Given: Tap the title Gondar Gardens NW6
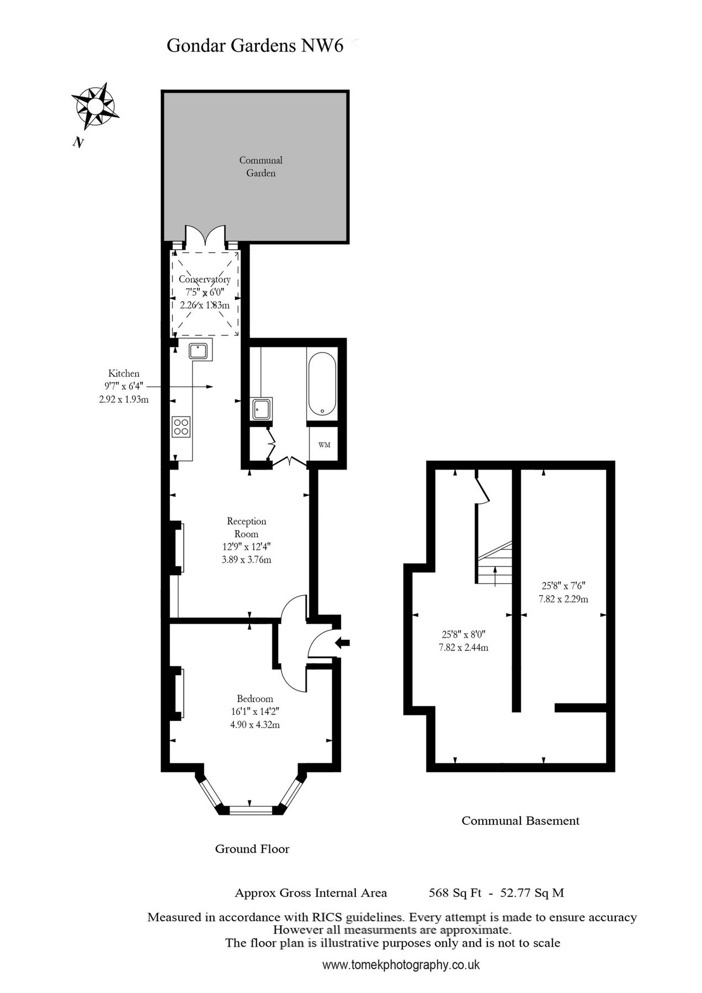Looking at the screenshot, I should coord(255,46).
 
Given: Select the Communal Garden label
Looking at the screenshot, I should coord(260,166).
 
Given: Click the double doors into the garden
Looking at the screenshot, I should coord(205,236).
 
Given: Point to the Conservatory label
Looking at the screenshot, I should coord(205,279).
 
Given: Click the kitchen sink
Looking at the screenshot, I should coord(199,350).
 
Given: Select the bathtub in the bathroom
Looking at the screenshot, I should coord(321,384).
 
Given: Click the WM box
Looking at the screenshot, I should coord(324,445).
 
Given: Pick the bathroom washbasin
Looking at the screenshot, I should coord(260,409).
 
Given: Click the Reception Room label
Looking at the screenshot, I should coord(246,527).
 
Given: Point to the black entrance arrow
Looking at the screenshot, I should coord(343,642).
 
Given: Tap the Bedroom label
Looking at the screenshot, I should coord(254,698).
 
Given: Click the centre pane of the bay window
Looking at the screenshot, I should coord(251,810).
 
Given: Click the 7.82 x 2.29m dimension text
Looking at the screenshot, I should coord(563,599).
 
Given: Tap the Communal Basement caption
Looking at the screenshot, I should coord(520,821).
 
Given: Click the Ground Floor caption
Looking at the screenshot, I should coord(252,849).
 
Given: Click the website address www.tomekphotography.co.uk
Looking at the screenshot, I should coord(401,965).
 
